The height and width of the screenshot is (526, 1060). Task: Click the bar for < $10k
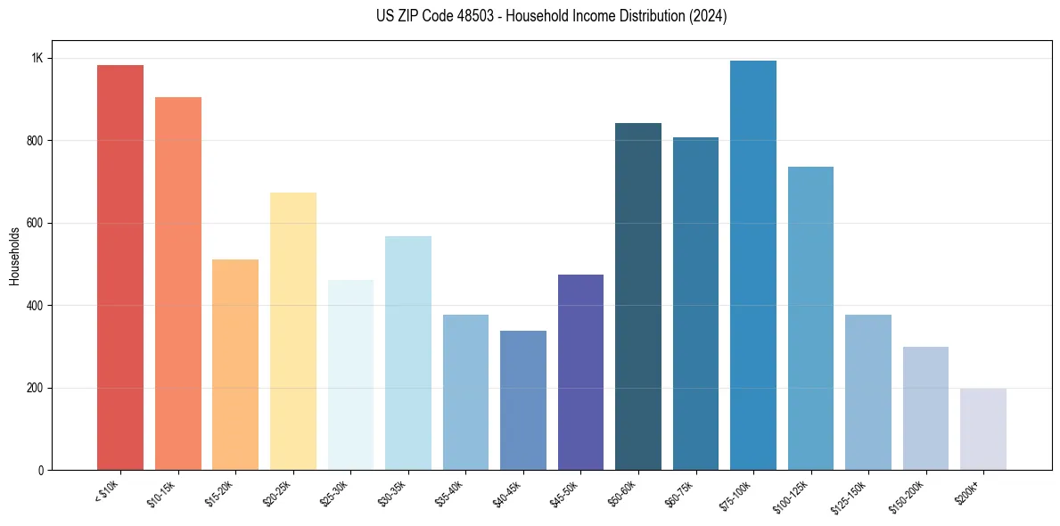point(120,267)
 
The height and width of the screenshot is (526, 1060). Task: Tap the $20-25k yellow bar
point(293,331)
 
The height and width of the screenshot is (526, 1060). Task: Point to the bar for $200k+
point(983,429)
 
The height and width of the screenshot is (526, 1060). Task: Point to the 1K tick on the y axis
point(37,58)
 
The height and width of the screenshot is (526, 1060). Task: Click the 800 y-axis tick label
point(34,141)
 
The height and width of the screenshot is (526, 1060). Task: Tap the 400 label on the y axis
point(34,306)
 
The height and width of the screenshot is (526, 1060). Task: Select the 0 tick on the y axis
point(40,471)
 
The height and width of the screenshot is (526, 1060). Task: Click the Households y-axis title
point(14,256)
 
